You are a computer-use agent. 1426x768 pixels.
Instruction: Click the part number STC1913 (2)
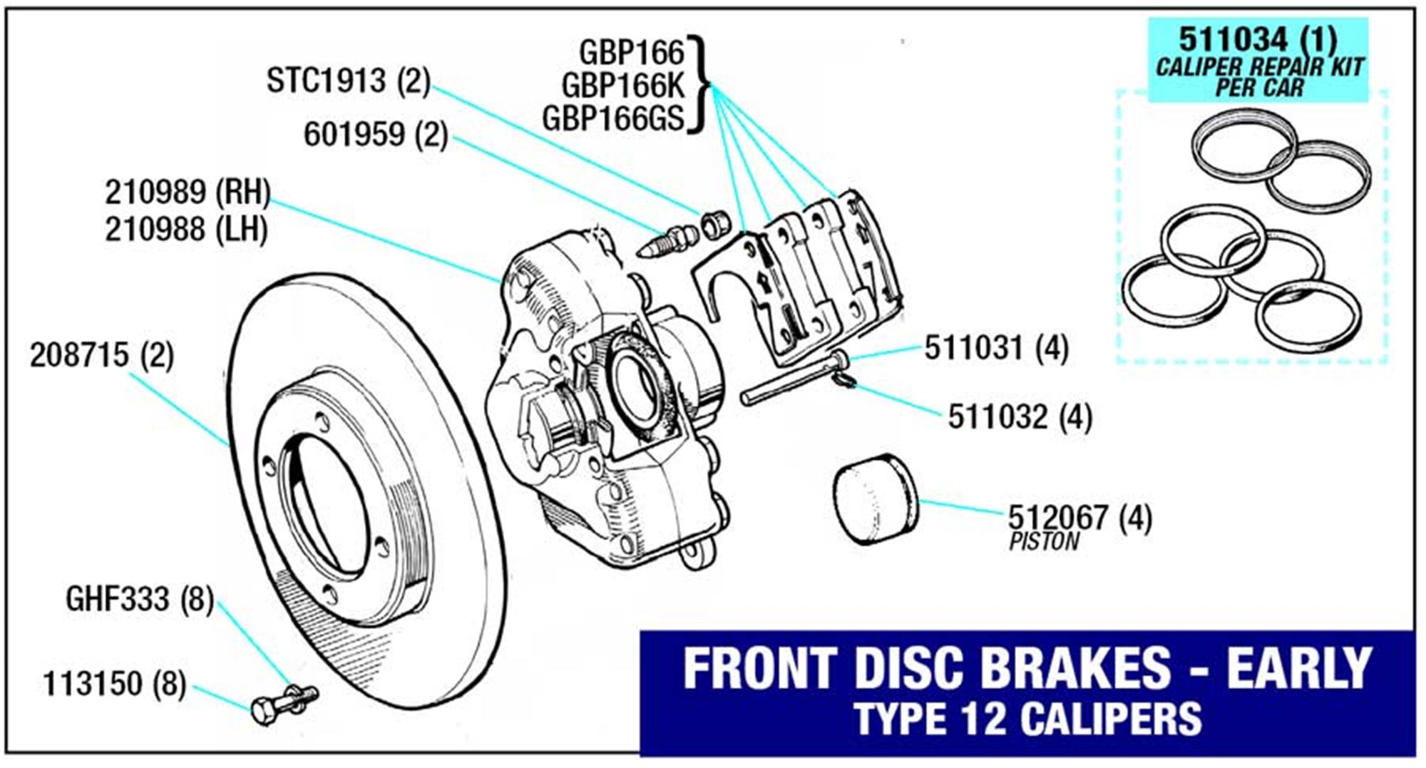coord(348,81)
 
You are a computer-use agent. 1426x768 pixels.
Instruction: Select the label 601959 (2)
coord(375,134)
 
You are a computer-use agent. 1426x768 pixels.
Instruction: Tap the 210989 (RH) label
coord(188,192)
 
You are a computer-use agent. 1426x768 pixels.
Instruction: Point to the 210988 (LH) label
coord(186,230)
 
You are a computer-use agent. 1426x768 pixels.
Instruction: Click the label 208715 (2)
coord(102,355)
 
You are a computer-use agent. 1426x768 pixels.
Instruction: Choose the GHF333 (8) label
coord(139,599)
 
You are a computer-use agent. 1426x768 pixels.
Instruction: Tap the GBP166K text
coord(622,86)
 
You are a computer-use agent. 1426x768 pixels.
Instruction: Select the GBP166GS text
coord(612,118)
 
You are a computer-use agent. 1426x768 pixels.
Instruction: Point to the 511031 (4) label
coord(996,349)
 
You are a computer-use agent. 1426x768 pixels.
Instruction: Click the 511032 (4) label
coord(1019,417)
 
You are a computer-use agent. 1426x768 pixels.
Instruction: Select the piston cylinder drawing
coord(875,498)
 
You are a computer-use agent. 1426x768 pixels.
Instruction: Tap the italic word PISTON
coord(1044,543)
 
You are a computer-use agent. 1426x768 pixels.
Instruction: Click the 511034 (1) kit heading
coord(1257,39)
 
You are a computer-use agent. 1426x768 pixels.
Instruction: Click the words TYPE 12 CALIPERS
coord(1027,719)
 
